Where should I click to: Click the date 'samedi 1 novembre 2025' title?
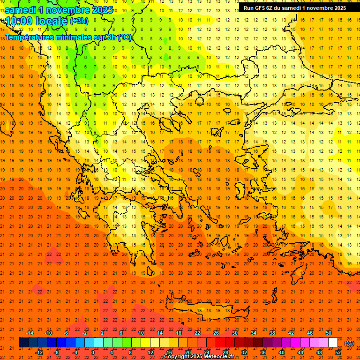[x=59, y=10]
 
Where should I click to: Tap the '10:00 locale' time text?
[x=37, y=21]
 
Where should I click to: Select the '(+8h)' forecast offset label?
[x=78, y=21]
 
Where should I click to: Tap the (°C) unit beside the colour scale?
[x=349, y=343]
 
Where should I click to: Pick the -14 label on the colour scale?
[x=30, y=333]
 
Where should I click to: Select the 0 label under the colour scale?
[x=93, y=352]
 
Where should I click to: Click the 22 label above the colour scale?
[x=197, y=333]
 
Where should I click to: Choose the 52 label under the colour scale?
[x=338, y=352]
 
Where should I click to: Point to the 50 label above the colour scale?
[x=328, y=333]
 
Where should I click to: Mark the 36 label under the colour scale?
[x=263, y=352]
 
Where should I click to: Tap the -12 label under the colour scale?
[x=39, y=352]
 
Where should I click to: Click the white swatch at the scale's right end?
[x=333, y=343]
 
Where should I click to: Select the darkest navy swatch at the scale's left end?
[x=23, y=343]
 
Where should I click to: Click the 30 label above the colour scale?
[x=234, y=333]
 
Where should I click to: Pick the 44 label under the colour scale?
[x=300, y=352]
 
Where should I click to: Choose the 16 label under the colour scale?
[x=169, y=352]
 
